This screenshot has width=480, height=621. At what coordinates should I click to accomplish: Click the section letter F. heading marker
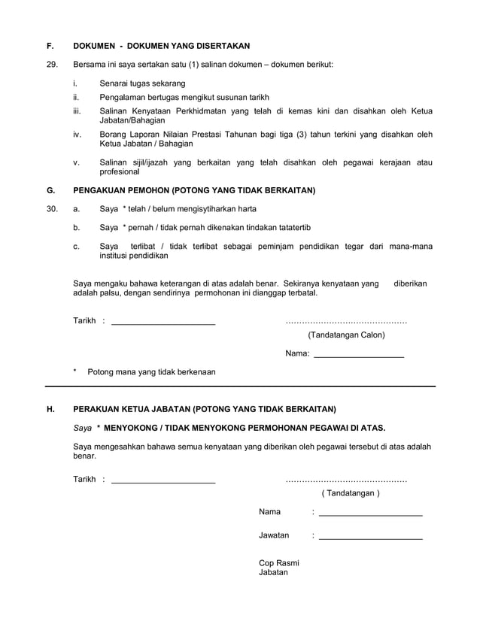pyautogui.click(x=50, y=46)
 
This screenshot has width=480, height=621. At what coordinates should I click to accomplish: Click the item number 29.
pyautogui.click(x=52, y=65)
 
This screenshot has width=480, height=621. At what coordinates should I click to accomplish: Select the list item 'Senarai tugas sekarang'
pyautogui.click(x=142, y=83)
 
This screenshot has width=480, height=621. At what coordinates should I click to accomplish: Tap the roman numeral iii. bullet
pyautogui.click(x=76, y=111)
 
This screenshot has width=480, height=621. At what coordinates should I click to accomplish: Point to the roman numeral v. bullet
pyautogui.click(x=76, y=162)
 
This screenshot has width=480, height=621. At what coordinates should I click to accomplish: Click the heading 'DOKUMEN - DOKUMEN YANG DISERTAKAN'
pyautogui.click(x=161, y=46)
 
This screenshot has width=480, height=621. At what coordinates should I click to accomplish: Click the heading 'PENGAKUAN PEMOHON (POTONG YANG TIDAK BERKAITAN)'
pyautogui.click(x=193, y=189)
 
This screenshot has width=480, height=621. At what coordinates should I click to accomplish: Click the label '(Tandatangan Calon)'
pyautogui.click(x=346, y=335)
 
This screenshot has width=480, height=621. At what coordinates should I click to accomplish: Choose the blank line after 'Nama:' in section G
pyautogui.click(x=358, y=356)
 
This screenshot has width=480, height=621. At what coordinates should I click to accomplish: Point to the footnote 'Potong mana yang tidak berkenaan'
pyautogui.click(x=151, y=371)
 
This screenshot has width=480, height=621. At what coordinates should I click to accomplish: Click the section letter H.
pyautogui.click(x=50, y=409)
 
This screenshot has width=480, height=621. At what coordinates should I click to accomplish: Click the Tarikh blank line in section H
pyautogui.click(x=163, y=482)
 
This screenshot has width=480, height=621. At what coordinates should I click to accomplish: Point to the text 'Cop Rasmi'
pyautogui.click(x=278, y=562)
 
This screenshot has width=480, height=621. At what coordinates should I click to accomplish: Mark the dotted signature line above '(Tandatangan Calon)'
pyautogui.click(x=346, y=322)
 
